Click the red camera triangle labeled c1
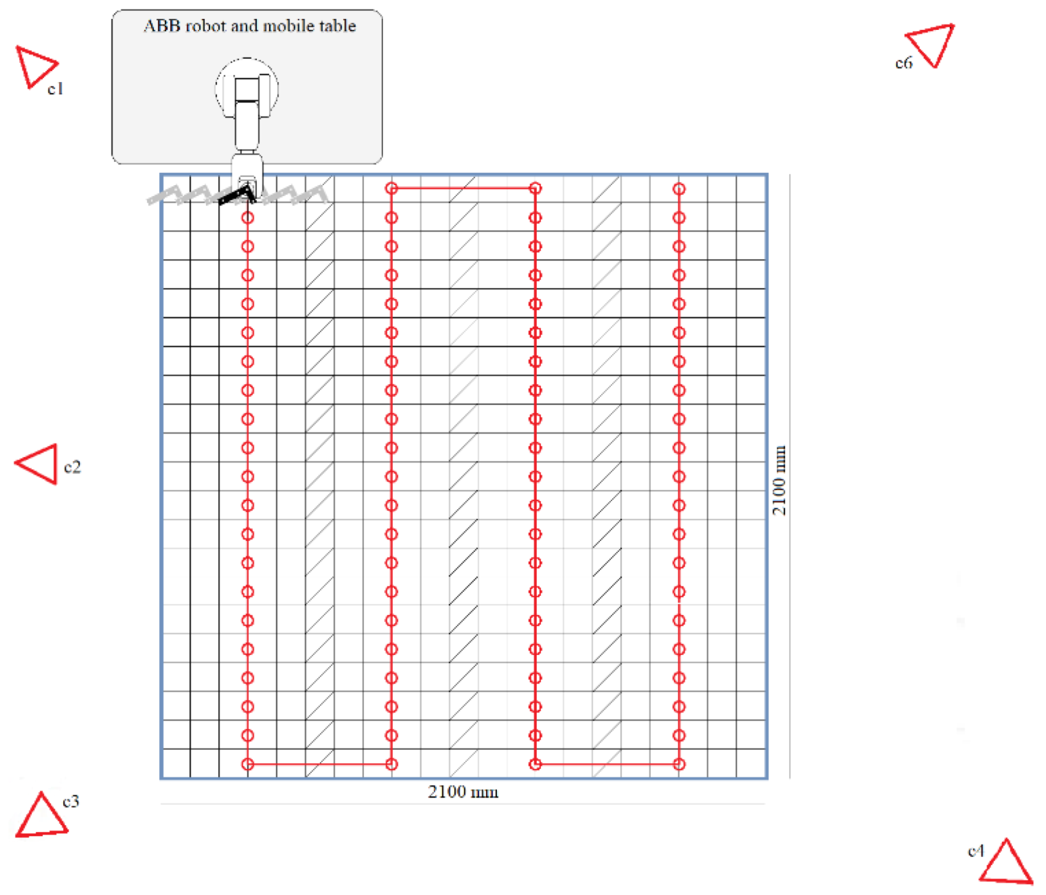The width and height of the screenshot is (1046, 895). (x=33, y=66)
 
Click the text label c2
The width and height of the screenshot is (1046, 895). (x=72, y=467)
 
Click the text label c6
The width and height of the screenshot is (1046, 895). (x=904, y=63)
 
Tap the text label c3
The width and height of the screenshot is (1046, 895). (x=71, y=801)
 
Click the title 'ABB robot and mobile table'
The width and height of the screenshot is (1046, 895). (x=249, y=26)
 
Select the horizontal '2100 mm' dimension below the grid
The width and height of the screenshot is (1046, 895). (x=463, y=792)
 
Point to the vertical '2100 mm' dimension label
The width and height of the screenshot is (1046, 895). (x=780, y=480)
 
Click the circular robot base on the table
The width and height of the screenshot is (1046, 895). (x=247, y=88)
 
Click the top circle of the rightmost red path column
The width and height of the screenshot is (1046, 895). (x=679, y=188)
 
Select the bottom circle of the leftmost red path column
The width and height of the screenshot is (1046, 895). (x=248, y=764)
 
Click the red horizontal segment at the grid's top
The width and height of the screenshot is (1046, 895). (x=463, y=188)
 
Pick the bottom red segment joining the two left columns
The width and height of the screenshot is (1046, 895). (x=319, y=764)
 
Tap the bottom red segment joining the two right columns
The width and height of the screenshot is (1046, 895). (x=607, y=764)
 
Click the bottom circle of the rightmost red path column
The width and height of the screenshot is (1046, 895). (x=679, y=764)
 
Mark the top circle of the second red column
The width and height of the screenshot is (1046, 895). (x=391, y=188)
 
